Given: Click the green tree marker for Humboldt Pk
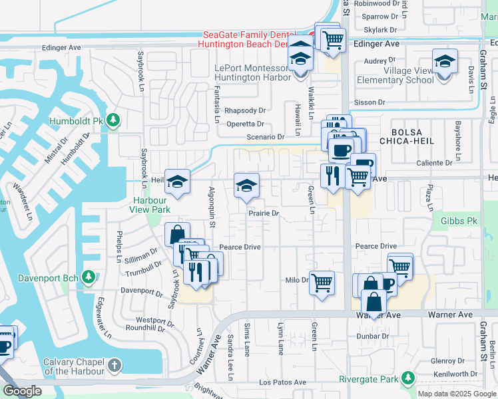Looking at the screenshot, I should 114,120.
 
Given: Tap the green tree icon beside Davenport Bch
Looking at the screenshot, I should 87,277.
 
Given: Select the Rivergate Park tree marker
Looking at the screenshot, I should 407,379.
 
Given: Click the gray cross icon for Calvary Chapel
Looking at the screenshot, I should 115,365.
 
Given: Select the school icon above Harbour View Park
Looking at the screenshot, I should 178,182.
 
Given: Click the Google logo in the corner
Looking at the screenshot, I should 22,391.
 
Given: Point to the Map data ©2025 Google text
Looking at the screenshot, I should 456,394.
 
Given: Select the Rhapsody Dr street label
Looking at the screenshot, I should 245,110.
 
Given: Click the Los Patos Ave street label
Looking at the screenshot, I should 282,382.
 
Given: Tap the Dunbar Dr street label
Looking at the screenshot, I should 372,336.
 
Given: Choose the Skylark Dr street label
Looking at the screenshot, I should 380,30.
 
